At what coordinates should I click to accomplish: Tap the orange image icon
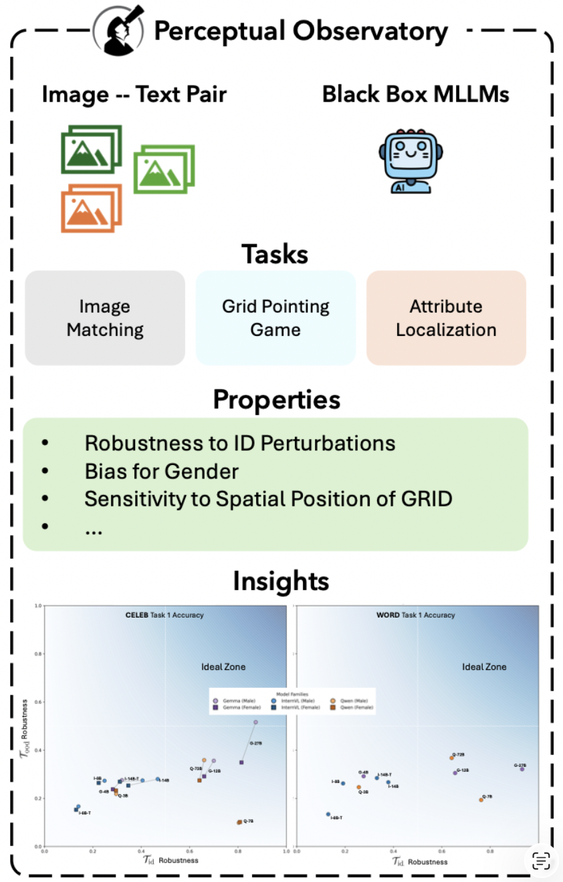pyautogui.click(x=91, y=208)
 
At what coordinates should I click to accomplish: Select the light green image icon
pyautogui.click(x=164, y=169)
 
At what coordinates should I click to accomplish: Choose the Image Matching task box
pyautogui.click(x=105, y=318)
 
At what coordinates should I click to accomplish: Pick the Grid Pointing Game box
pyautogui.click(x=275, y=318)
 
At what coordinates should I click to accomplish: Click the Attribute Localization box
pyautogui.click(x=446, y=318)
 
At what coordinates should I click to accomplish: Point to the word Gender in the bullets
pyautogui.click(x=206, y=471)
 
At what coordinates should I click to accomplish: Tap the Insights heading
pyautogui.click(x=281, y=581)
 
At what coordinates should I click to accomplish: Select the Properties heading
pyautogui.click(x=276, y=400)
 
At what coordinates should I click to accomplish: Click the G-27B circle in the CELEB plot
pyautogui.click(x=255, y=722)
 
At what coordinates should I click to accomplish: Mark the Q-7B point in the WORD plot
pyautogui.click(x=481, y=800)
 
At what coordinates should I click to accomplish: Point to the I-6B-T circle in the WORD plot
pyautogui.click(x=328, y=814)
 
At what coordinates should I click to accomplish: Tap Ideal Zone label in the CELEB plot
pyautogui.click(x=223, y=667)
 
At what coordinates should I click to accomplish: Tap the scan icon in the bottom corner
pyautogui.click(x=541, y=861)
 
